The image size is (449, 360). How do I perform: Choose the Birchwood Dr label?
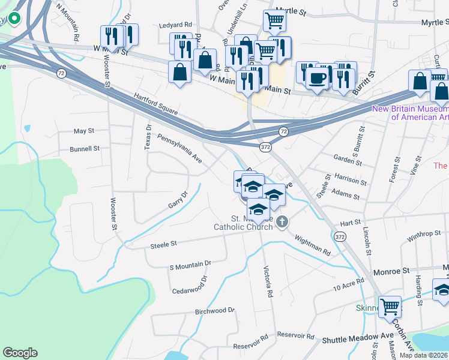(214, 311)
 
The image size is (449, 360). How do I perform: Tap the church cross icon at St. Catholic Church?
(283, 222)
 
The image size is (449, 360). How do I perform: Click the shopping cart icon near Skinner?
(390, 307)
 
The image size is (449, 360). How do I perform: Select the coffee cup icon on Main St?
(317, 77)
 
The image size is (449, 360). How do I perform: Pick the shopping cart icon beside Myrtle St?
(274, 20)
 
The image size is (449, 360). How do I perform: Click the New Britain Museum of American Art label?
(411, 113)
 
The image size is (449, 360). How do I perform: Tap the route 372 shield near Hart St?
(340, 238)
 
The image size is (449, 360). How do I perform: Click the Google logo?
(20, 353)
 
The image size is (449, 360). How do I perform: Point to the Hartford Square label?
(155, 102)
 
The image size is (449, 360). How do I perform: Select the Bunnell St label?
(84, 149)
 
